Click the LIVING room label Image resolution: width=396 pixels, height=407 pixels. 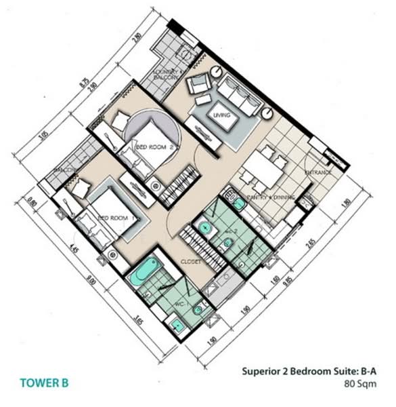pyautogui.click(x=221, y=115)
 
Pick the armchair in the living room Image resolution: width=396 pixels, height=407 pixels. pyautogui.click(x=200, y=84)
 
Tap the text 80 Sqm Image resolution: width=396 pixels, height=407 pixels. pyautogui.click(x=360, y=383)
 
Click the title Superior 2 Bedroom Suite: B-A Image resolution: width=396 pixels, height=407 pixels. pyautogui.click(x=308, y=371)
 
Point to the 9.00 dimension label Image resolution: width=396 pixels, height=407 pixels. pyautogui.click(x=90, y=279)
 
